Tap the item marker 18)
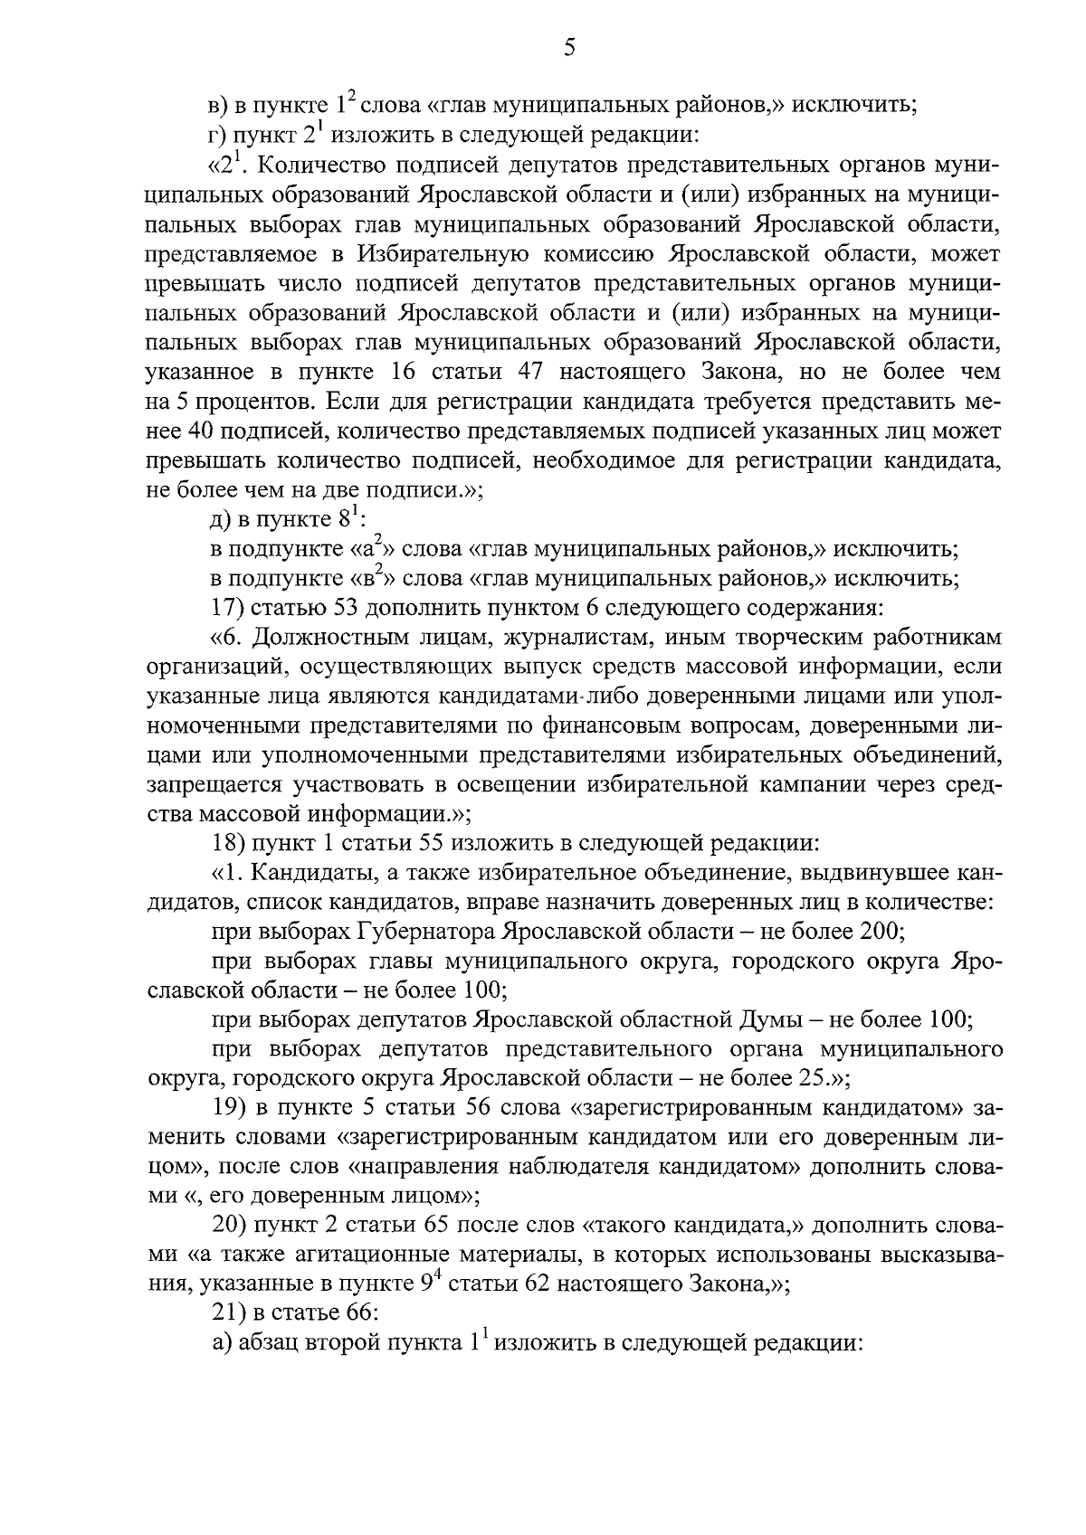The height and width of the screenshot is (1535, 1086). click(x=226, y=843)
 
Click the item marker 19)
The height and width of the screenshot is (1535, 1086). click(x=226, y=1107)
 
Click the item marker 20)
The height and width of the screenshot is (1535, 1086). click(x=227, y=1226)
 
